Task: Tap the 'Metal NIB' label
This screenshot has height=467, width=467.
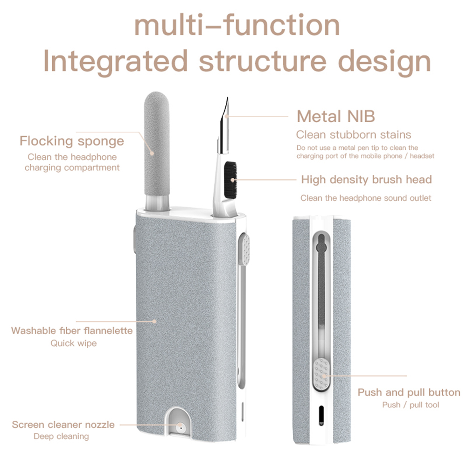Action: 335,116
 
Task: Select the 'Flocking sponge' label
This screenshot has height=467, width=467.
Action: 71,141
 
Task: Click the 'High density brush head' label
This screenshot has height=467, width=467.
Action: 366,180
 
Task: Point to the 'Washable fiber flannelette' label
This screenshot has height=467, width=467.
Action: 72,331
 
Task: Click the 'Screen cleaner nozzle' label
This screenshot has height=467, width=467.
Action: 63,425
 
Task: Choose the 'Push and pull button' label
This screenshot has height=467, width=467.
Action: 409,392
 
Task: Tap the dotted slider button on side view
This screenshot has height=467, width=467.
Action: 321,374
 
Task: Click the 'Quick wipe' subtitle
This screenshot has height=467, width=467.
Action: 73,343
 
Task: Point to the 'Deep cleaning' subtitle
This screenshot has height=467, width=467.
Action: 61,437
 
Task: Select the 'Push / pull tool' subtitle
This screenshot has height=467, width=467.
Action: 411,404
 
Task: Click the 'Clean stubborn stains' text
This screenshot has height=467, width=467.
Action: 354,135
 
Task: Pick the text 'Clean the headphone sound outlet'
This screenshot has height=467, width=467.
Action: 366,198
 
